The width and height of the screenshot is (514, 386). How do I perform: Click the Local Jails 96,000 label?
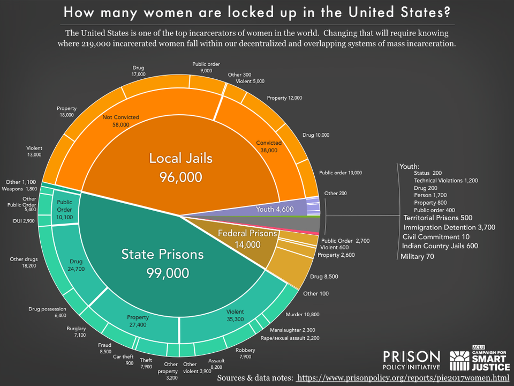click(180, 167)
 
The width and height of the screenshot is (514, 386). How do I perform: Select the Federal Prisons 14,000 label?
click(247, 239)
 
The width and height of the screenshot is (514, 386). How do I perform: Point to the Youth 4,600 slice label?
click(274, 209)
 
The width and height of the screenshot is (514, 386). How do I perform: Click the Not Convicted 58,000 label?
click(120, 120)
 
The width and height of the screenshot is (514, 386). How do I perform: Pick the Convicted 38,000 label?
click(269, 147)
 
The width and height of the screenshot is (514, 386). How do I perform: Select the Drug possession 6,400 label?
click(48, 312)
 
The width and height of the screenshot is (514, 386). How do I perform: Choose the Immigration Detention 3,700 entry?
click(449, 227)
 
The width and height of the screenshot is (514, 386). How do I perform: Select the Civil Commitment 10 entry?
click(437, 237)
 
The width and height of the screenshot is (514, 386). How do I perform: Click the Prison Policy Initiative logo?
click(412, 360)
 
